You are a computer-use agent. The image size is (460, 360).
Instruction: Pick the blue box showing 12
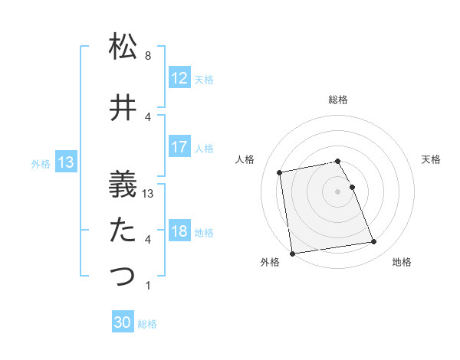click(x=179, y=78)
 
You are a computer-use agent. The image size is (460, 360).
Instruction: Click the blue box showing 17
click(x=179, y=147)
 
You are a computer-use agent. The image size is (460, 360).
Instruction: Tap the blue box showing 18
click(x=179, y=231)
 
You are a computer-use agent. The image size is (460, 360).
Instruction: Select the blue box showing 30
click(x=123, y=323)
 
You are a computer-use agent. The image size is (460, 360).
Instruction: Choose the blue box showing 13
click(x=65, y=162)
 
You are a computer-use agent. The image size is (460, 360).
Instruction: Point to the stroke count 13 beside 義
click(x=149, y=193)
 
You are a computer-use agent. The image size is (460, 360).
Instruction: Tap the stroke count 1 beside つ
click(x=148, y=286)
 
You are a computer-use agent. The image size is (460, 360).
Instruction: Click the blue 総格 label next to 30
click(x=148, y=324)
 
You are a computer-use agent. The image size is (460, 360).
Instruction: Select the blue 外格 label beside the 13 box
click(x=41, y=163)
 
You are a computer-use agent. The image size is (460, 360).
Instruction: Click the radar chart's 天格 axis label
click(x=432, y=159)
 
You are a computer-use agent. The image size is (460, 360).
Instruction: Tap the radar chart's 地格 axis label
click(x=402, y=263)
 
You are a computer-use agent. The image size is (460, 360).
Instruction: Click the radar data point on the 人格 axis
click(x=280, y=172)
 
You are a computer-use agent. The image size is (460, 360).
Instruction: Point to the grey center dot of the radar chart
click(x=337, y=191)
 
